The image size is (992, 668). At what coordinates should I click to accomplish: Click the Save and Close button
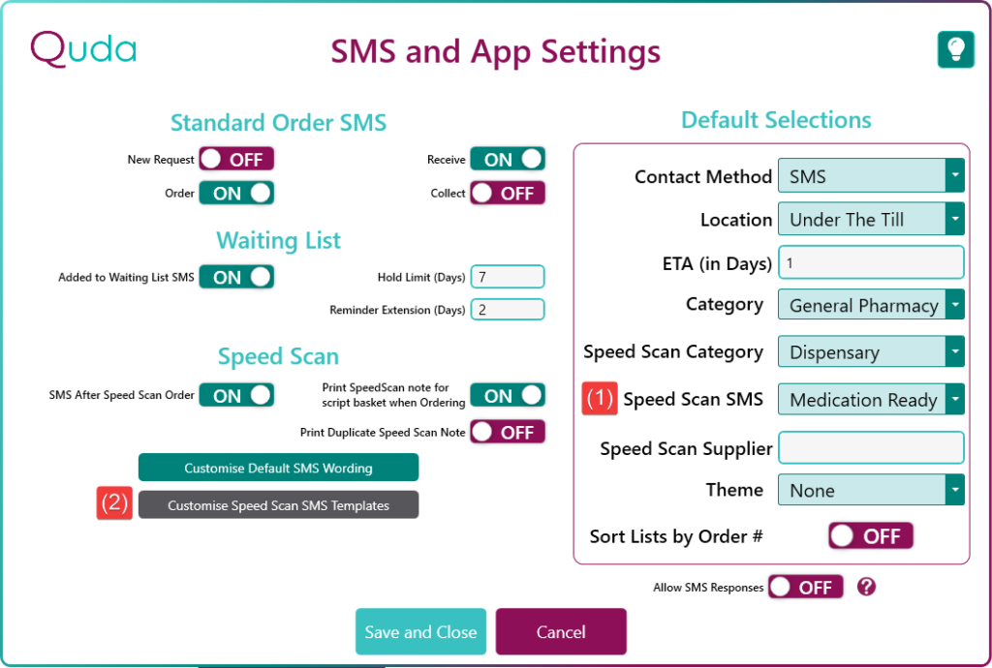click(420, 631)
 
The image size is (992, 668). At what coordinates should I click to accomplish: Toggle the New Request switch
click(236, 160)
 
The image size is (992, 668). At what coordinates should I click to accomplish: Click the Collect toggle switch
click(508, 193)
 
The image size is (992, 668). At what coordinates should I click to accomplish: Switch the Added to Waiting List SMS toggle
click(236, 277)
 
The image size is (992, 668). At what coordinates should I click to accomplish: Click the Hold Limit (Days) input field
click(508, 277)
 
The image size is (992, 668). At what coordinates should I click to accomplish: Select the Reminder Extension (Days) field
click(508, 310)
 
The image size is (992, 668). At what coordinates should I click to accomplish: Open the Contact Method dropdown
click(871, 175)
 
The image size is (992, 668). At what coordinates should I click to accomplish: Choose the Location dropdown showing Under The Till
click(871, 219)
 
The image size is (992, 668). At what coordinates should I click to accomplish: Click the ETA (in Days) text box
click(871, 262)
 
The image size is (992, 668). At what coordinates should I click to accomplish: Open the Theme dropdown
click(871, 490)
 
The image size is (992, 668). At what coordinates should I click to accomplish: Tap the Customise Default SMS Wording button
click(278, 468)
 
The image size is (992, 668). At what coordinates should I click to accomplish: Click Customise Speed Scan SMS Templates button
click(278, 505)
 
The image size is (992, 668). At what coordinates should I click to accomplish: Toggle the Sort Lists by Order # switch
click(871, 536)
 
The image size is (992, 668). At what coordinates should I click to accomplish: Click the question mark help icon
click(866, 587)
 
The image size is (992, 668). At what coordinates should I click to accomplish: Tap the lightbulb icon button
click(956, 49)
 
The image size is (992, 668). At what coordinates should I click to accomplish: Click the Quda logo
click(83, 50)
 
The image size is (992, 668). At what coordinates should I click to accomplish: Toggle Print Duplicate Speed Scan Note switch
click(508, 433)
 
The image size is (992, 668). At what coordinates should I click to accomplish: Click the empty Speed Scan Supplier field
click(871, 447)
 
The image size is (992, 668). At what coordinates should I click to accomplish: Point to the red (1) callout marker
click(599, 399)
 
